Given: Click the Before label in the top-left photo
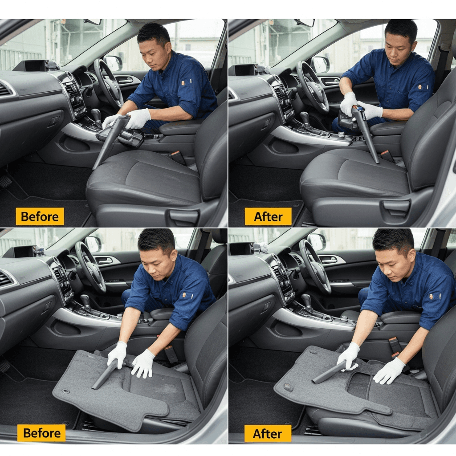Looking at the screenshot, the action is tap(40, 216).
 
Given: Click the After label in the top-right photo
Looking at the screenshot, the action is tap(268, 216).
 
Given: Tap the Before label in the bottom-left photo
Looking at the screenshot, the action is tap(41, 433).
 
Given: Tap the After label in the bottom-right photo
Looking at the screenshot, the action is tap(268, 434).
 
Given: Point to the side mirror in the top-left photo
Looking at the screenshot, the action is tap(113, 63).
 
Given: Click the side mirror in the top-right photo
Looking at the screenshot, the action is tap(320, 64).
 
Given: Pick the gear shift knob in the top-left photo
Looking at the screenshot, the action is tap(96, 114).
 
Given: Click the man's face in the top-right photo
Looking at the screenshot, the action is tap(398, 49).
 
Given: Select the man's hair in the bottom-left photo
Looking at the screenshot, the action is tap(156, 240).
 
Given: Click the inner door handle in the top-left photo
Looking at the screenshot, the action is tap(124, 79).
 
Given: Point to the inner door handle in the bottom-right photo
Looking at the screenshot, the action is tap(329, 260).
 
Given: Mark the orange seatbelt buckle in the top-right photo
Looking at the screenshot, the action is tap(385, 153).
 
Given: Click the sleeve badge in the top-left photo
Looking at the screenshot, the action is tap(183, 83).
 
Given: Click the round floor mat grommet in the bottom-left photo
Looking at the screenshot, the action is tap(66, 391).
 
